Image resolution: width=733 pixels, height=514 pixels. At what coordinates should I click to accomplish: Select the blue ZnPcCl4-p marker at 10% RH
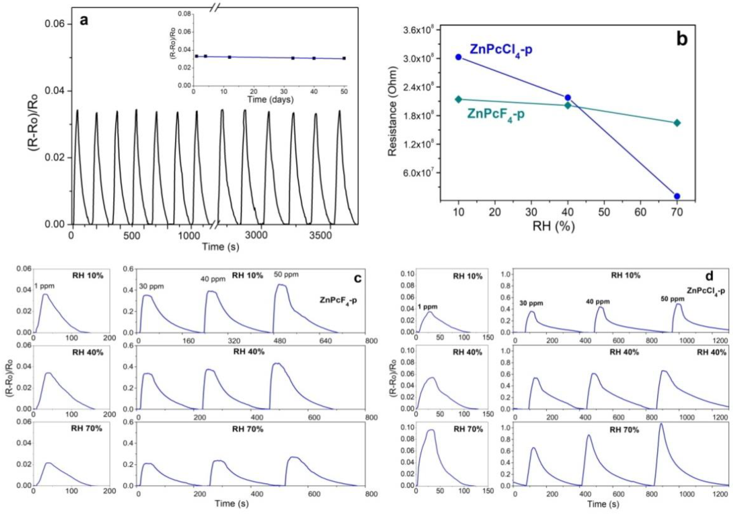pos(459,57)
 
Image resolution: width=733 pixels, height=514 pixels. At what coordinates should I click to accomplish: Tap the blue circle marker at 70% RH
pos(677,196)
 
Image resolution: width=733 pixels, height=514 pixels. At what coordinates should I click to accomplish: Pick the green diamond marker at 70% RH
pos(677,123)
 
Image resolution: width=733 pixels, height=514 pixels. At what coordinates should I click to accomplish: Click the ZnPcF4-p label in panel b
pos(495,114)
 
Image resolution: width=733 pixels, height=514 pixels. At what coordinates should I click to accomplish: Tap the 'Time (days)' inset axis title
pos(270,100)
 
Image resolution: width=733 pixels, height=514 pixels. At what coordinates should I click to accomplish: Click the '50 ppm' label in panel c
pos(286,274)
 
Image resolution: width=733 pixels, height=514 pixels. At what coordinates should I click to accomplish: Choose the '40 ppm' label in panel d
pos(598,302)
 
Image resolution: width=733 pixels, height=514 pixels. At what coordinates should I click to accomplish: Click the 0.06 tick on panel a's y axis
pos(55,24)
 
